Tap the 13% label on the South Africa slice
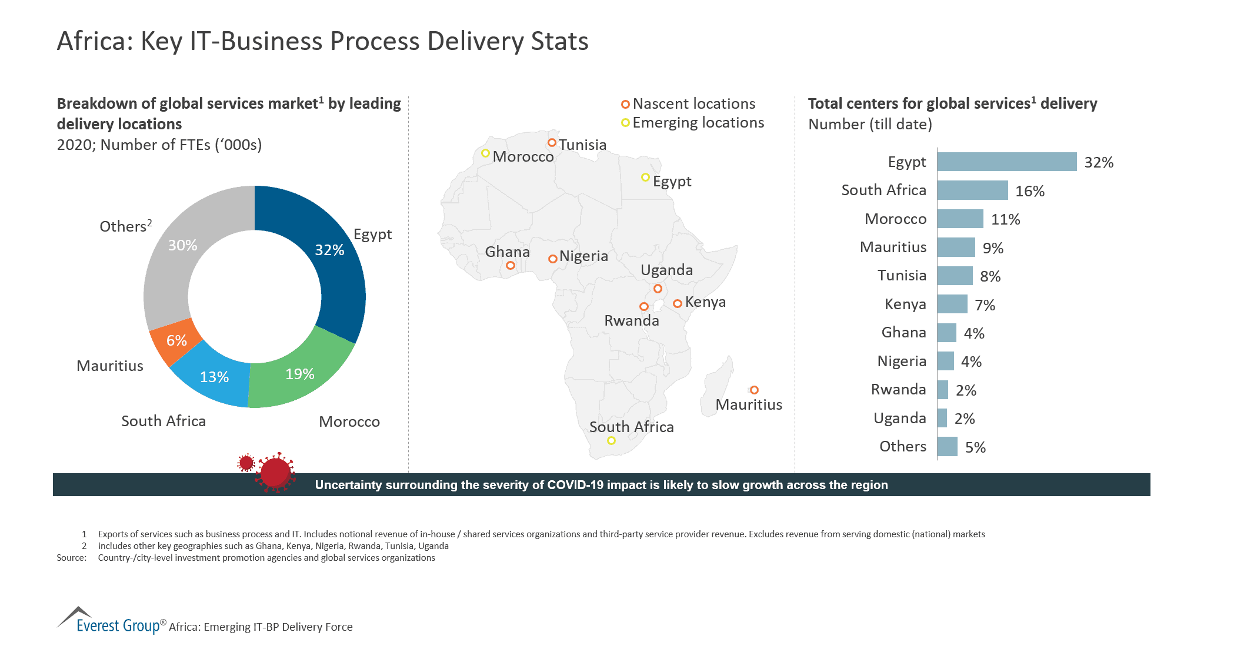(x=214, y=377)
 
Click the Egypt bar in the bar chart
(x=1006, y=162)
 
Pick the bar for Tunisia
(x=955, y=276)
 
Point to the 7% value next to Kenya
(x=985, y=305)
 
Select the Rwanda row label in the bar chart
(x=898, y=389)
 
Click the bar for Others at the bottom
(x=947, y=447)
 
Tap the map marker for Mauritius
(x=754, y=390)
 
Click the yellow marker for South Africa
(x=611, y=440)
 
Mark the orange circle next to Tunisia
(x=552, y=142)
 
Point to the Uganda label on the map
(x=666, y=270)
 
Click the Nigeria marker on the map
(x=552, y=259)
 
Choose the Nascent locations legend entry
(x=688, y=104)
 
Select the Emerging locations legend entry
(x=692, y=122)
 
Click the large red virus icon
(x=275, y=471)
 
